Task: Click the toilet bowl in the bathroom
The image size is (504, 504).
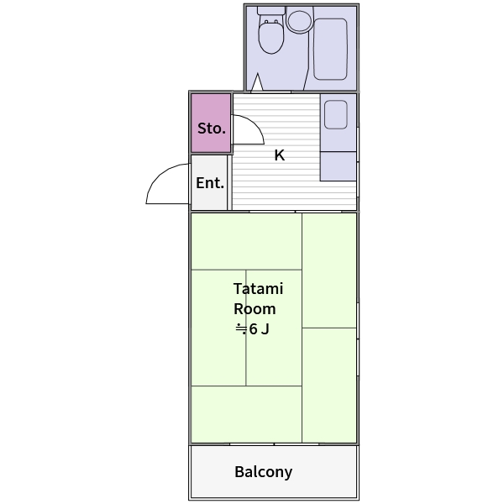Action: [x=271, y=36]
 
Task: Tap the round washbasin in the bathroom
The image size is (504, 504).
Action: [x=299, y=20]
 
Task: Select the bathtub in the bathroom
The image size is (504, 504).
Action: [x=330, y=49]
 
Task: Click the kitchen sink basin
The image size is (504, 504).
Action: [x=336, y=114]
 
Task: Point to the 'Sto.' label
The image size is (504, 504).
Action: [x=212, y=129]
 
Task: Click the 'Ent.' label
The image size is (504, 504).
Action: [x=210, y=183]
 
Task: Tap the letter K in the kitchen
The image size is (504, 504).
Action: [x=280, y=155]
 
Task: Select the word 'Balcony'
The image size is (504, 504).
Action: [x=264, y=472]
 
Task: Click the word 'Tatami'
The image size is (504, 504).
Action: [x=258, y=288]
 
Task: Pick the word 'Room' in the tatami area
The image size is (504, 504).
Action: [x=255, y=309]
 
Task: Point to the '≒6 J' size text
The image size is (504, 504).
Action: [x=252, y=329]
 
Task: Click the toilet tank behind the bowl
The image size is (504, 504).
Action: [x=271, y=11]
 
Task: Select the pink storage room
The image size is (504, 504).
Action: [x=211, y=123]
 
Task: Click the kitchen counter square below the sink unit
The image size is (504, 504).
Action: [x=339, y=166]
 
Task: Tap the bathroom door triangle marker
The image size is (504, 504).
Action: [x=257, y=82]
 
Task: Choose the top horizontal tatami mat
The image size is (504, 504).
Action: [x=246, y=241]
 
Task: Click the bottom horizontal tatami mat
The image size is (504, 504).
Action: [x=246, y=414]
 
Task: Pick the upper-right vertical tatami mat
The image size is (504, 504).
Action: [x=329, y=270]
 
